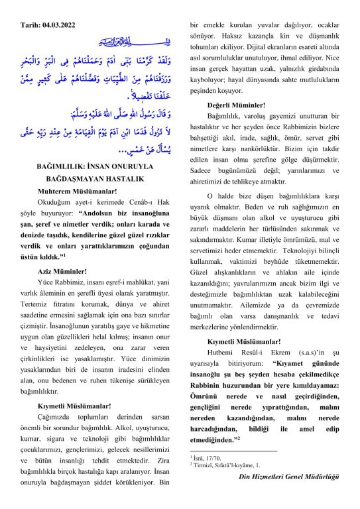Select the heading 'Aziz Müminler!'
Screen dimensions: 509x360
click(62, 270)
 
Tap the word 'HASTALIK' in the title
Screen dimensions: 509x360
click(124, 178)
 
